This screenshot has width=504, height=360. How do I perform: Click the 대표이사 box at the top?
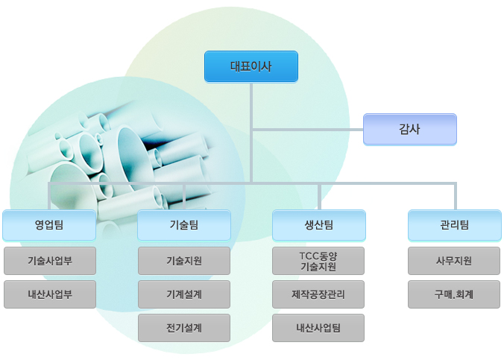[251, 66]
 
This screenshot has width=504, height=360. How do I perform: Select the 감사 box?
[410, 129]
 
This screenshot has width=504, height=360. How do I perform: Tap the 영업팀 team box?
[49, 225]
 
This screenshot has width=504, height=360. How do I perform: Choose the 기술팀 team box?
[184, 225]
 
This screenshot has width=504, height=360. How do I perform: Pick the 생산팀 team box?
[319, 225]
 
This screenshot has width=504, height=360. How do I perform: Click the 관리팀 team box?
[455, 225]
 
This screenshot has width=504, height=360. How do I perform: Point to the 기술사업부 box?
[50, 261]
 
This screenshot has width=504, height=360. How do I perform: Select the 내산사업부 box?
[50, 294]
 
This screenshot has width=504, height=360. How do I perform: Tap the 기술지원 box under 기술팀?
[184, 261]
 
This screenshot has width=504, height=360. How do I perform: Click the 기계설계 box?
[184, 294]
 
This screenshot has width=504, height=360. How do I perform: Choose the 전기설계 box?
[184, 328]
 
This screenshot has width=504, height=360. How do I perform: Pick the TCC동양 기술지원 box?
[318, 261]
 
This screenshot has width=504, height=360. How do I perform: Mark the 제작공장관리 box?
[318, 294]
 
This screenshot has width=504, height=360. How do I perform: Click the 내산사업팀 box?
[318, 328]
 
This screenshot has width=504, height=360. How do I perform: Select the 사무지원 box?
[454, 261]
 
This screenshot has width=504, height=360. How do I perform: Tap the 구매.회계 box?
[454, 294]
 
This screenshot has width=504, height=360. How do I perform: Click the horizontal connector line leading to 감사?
[308, 130]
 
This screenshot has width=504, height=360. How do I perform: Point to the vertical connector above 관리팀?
[456, 196]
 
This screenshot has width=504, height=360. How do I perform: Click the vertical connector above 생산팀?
[319, 197]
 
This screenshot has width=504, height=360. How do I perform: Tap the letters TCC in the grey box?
[308, 256]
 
